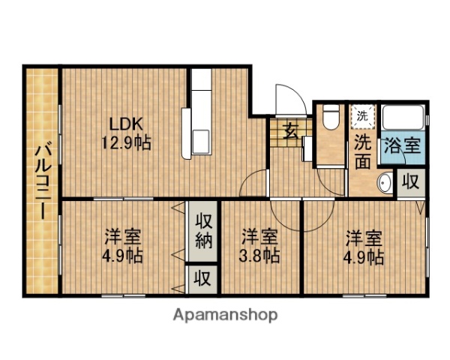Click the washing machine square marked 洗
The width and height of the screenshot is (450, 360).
point(362,116)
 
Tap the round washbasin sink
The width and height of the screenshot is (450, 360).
point(385,182)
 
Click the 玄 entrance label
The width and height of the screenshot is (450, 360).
point(292,131)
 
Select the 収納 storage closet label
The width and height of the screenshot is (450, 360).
point(202,231)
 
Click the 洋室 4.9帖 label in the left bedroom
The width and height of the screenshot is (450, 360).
point(122,246)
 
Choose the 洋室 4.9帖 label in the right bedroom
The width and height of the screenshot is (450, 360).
point(364,247)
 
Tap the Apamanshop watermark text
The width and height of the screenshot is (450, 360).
point(226,315)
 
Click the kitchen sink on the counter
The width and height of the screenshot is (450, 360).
point(202,142)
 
